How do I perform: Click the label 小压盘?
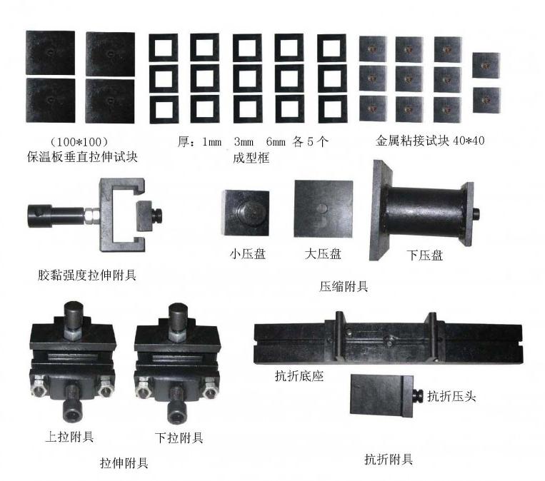click(247, 254)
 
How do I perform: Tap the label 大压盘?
click(323, 254)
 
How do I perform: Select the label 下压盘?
click(425, 255)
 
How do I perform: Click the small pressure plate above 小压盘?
click(246, 212)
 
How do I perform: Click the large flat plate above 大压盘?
click(324, 209)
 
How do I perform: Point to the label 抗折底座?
click(299, 376)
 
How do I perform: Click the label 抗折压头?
click(451, 396)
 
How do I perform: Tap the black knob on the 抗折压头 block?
click(417, 396)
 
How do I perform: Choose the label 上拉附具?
click(69, 437)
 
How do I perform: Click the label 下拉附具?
click(179, 437)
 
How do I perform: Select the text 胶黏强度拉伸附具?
click(87, 275)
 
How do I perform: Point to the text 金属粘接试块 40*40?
click(430, 141)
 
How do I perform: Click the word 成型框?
click(251, 158)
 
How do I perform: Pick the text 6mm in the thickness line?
click(276, 142)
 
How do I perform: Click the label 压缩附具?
click(344, 286)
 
